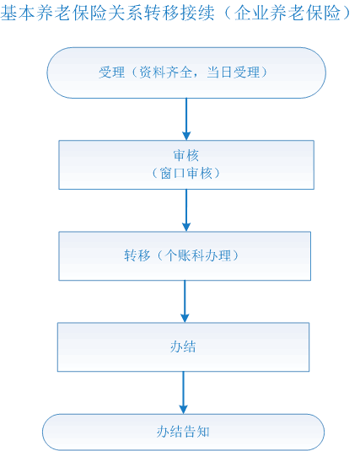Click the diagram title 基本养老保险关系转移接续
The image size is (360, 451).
pos(108,13)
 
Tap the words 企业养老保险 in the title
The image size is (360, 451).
pos(287,13)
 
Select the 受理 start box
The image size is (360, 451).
pos(186,72)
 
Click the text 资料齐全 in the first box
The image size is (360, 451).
pos(166,72)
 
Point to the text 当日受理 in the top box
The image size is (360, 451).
pos(233,72)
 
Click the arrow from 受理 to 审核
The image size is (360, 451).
pos(186,120)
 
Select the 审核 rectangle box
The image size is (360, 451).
pos(186,165)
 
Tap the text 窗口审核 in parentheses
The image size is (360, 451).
pos(186,174)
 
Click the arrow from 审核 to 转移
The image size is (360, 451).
pos(186,211)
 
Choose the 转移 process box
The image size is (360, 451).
pos(185,256)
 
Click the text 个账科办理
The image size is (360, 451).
pos(198,255)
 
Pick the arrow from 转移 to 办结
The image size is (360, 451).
pos(185,302)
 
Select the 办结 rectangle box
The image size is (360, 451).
pos(183,347)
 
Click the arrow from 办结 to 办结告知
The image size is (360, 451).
pos(183,393)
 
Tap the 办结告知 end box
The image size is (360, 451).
pos(183,432)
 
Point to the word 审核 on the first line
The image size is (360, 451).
pos(186,156)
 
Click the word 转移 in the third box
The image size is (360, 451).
pos(137,255)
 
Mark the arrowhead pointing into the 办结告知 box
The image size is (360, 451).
pos(183,410)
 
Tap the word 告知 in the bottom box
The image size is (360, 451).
pos(196,432)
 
